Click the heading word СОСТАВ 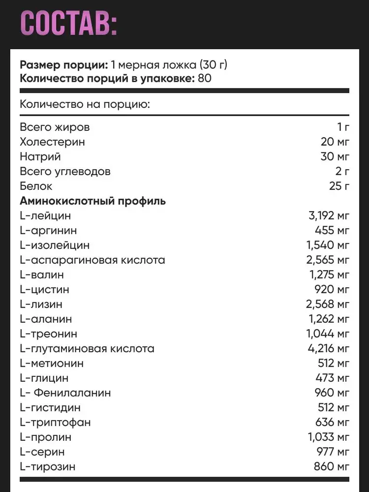(x=69, y=23)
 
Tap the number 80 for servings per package (x=205, y=78)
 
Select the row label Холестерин (x=52, y=142)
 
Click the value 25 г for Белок (x=339, y=186)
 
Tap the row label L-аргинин (x=48, y=231)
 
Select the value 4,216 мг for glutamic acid (x=329, y=349)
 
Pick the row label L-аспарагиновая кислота (x=92, y=260)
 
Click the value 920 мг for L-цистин (x=335, y=290)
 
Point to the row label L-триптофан (x=55, y=423)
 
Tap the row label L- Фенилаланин (x=65, y=393)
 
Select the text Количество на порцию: (x=85, y=105)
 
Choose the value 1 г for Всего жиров (x=343, y=127)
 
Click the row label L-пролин (x=45, y=437)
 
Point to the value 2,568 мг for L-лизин (x=328, y=305)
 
